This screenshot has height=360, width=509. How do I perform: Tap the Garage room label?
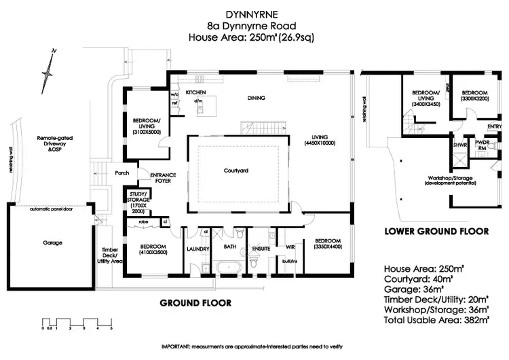tap(52, 242)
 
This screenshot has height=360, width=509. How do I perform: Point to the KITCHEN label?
tap(196, 92)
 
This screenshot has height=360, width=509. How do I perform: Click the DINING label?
tap(257, 98)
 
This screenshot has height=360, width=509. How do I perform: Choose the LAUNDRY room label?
tap(198, 249)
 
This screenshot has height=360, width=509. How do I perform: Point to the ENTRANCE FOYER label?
tap(163, 178)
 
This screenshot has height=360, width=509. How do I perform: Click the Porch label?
tap(123, 173)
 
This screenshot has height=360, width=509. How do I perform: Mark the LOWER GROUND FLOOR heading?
tap(436, 232)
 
